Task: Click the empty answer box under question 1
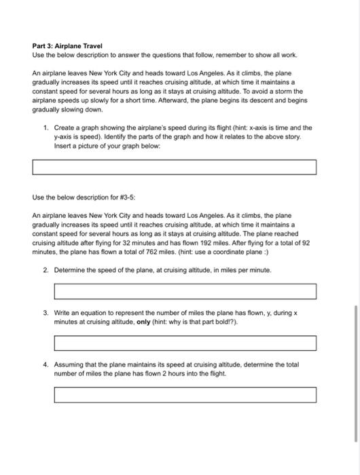pyautogui.click(x=175, y=167)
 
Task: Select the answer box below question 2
pyautogui.click(x=185, y=292)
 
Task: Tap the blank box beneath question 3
pyautogui.click(x=185, y=343)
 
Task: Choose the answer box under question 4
pyautogui.click(x=185, y=394)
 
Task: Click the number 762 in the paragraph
pyautogui.click(x=151, y=250)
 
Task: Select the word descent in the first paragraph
pyautogui.click(x=246, y=99)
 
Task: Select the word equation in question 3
pyautogui.click(x=89, y=313)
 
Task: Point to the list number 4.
pyautogui.click(x=45, y=364)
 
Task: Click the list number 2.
pyautogui.click(x=45, y=270)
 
